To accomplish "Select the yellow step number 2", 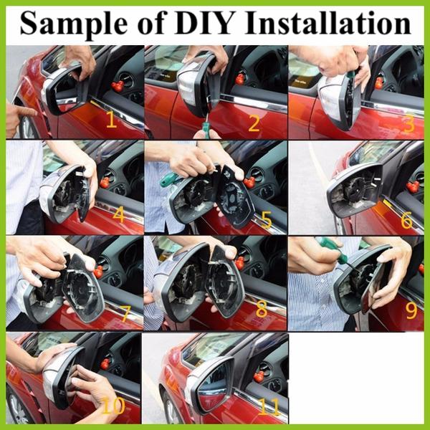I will pyautogui.click(x=254, y=123).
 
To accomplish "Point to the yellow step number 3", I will pyautogui.click(x=408, y=123).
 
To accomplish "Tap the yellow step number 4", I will pyautogui.click(x=119, y=213).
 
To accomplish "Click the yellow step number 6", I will pyautogui.click(x=406, y=220).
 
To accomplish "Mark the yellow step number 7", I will pyautogui.click(x=125, y=313).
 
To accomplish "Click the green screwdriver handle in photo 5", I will pyautogui.click(x=168, y=179).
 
